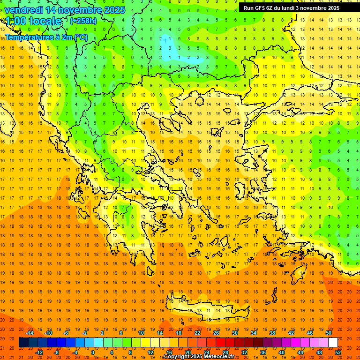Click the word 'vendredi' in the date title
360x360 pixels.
pyautogui.click(x=23, y=10)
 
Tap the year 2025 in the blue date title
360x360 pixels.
pyautogui.click(x=114, y=10)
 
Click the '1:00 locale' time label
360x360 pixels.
pyautogui.click(x=33, y=21)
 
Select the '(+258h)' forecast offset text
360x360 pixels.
pyautogui.click(x=83, y=21)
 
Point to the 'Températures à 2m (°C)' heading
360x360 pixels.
pyautogui.click(x=46, y=37)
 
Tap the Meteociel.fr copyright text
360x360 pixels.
pyautogui.click(x=199, y=357)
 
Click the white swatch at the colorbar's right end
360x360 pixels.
pyautogui.click(x=333, y=343)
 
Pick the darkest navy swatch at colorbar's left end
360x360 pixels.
pyautogui.click(x=23, y=343)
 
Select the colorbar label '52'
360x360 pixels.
pyautogui.click(x=338, y=352)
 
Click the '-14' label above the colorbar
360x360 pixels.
pyautogui.click(x=30, y=332)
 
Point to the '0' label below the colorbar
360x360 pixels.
pyautogui.click(x=92, y=352)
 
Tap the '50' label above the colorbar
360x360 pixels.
pyautogui.click(x=329, y=332)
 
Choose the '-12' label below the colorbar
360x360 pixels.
pyautogui.click(x=39, y=352)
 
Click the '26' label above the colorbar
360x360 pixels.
pyautogui.click(x=216, y=332)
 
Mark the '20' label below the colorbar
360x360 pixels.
pyautogui.click(x=187, y=352)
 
